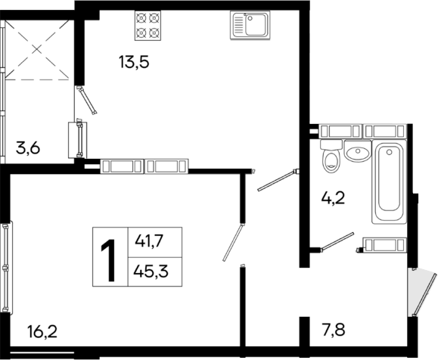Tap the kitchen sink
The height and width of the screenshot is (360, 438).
coord(250,26)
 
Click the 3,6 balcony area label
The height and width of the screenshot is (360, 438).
coord(28,148)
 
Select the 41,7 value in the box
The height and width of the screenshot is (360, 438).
coord(149,242)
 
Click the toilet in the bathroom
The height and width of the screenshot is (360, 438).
coord(330,159)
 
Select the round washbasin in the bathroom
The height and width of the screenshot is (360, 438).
coord(354,153)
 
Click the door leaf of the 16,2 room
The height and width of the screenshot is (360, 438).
coord(233,242)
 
